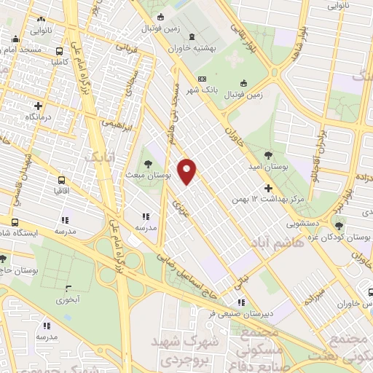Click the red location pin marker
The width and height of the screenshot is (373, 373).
(187, 171)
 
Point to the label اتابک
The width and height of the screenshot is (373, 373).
(96, 157)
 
